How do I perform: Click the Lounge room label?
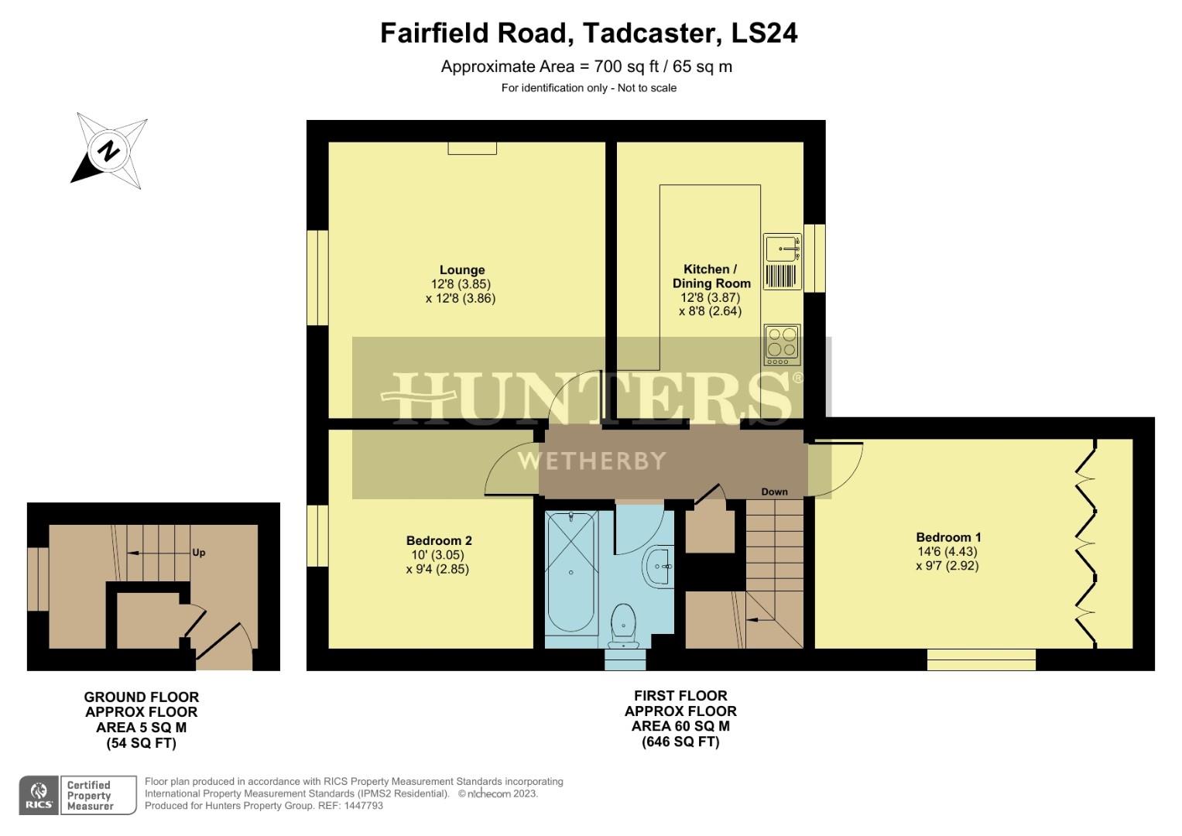(462, 270)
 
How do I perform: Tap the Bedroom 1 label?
(948, 537)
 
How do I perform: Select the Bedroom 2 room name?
(439, 541)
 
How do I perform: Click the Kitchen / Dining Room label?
(711, 276)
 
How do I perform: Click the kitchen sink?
(783, 249)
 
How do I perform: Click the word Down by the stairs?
(774, 492)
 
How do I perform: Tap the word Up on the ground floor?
(199, 553)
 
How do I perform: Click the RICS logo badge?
(38, 795)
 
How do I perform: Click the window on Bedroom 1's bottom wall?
(981, 660)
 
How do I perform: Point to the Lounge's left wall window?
(317, 278)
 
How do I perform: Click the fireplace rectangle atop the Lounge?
(472, 148)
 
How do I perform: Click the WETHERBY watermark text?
(591, 461)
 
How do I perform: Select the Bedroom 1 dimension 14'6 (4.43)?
(947, 552)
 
